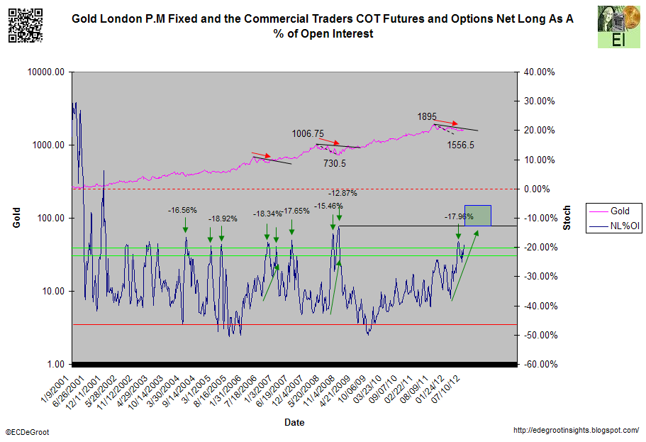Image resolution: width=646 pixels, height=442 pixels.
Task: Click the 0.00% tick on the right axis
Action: click(538, 189)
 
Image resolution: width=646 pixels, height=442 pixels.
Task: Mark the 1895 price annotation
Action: click(427, 116)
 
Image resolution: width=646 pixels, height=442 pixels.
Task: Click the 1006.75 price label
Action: click(308, 133)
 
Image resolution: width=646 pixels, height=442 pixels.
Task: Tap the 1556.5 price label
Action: click(461, 145)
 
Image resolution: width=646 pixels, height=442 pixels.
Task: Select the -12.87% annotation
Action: click(343, 193)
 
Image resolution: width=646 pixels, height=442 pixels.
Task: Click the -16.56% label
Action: click(182, 210)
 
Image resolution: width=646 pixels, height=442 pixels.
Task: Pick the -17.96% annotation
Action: click(459, 216)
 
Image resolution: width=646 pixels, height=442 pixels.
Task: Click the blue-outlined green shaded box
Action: click(478, 216)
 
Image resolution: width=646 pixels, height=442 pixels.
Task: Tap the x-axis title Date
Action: click(294, 422)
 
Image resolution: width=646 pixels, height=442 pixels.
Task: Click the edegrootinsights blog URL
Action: click(575, 431)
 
